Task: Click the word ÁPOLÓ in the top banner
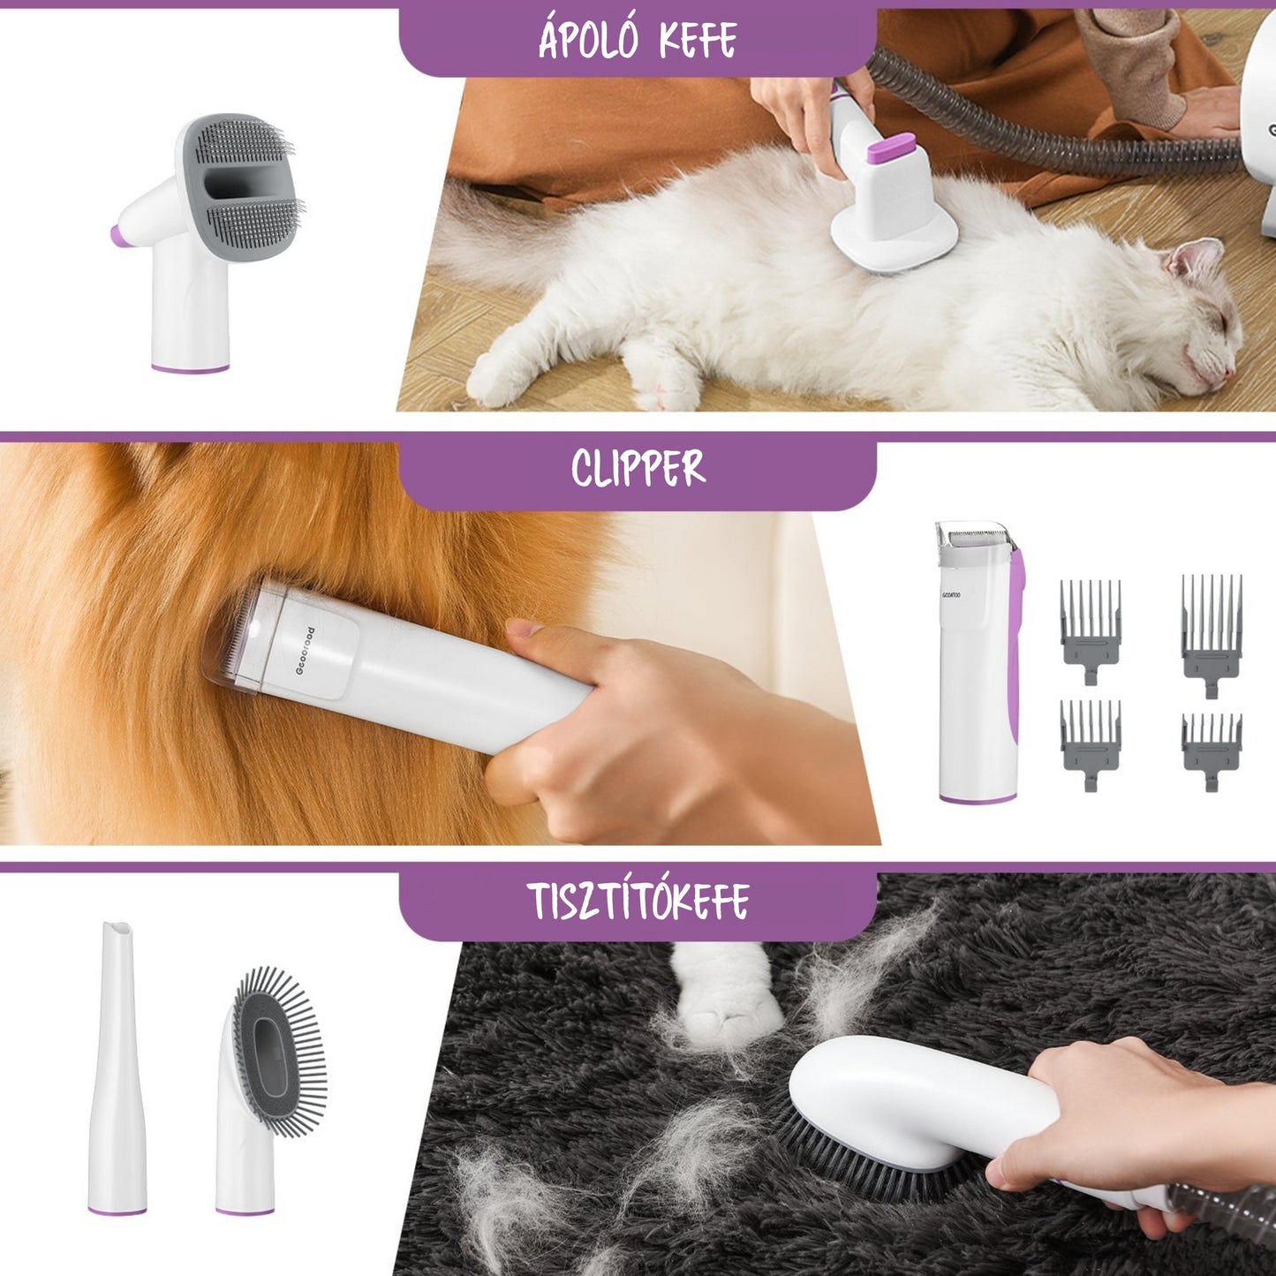click(587, 40)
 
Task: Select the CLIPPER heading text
click(638, 468)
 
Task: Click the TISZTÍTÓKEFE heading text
click(638, 901)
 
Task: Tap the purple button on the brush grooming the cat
click(890, 147)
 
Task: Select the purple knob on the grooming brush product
click(116, 236)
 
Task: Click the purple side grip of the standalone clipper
click(1016, 645)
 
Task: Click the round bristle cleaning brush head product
click(278, 1051)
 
